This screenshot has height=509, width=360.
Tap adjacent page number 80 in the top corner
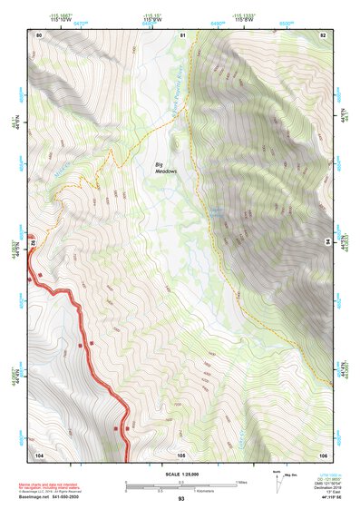(38, 34)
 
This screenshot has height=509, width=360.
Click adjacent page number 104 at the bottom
(39, 454)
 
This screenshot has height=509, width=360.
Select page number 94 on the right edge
(327, 242)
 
